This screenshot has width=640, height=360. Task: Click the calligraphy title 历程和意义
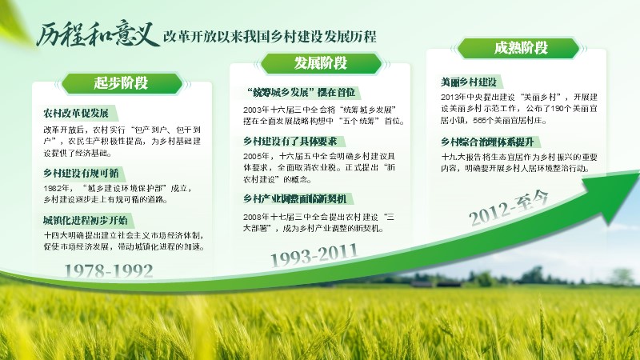tap(97, 34)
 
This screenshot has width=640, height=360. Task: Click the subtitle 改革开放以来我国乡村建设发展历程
tap(270, 37)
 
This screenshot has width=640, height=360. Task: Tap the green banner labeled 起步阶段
tap(122, 83)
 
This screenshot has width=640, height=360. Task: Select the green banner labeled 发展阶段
tap(321, 63)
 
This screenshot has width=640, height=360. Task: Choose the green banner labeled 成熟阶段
tap(518, 48)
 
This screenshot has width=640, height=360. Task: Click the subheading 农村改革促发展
tap(76, 113)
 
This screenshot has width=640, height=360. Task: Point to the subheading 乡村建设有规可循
tap(81, 173)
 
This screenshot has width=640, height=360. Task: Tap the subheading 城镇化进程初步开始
tap(86, 221)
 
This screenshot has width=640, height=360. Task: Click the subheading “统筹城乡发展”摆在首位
tap(302, 93)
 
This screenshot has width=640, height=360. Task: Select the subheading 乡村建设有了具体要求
tap(290, 142)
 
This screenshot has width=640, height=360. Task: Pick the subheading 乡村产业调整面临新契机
tap(294, 198)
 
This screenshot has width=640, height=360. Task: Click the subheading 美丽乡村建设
tap(469, 82)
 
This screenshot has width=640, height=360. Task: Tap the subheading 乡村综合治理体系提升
tap(487, 142)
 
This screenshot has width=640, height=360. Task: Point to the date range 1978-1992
tap(109, 270)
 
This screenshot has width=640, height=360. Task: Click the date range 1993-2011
tap(314, 255)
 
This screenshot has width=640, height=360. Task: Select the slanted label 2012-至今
tap(508, 208)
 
